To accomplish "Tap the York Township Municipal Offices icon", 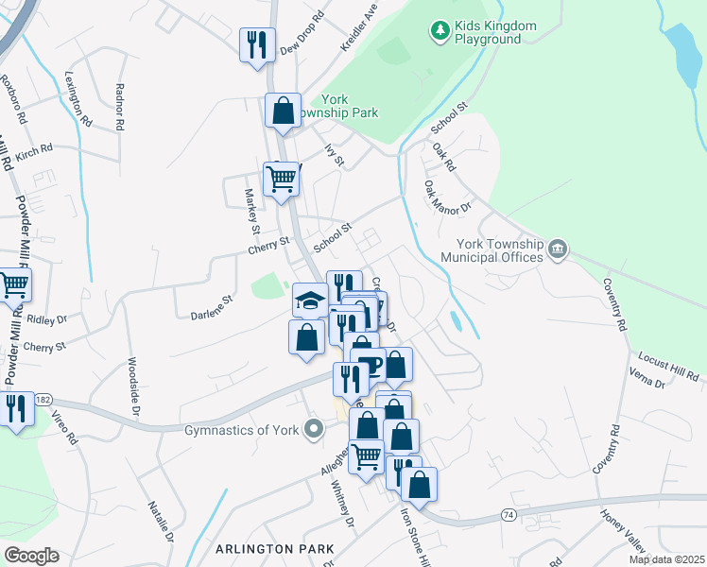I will (558, 249).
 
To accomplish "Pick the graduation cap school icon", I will (310, 301).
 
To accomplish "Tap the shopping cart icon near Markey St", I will (281, 178).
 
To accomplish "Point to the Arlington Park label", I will (275, 548).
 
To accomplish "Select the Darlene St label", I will (212, 307).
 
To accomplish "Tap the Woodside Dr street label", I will (133, 386).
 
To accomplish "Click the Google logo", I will (31, 556).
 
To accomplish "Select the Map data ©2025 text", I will (666, 559).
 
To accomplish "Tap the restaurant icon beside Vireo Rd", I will (16, 409).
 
